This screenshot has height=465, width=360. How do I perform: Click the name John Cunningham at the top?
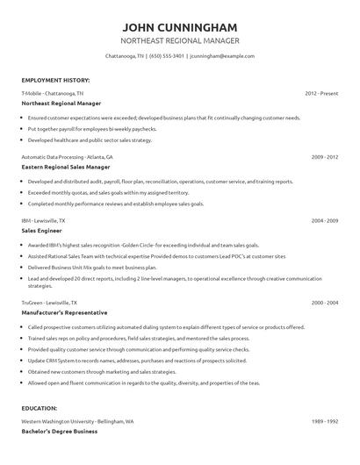179,25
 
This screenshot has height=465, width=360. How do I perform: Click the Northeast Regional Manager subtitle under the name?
179,40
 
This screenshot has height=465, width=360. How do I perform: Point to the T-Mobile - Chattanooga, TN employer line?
52,92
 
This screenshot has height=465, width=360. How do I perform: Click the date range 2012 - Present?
321,92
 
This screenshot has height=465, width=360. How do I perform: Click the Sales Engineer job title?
43,231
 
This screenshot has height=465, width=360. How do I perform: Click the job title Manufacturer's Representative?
64,311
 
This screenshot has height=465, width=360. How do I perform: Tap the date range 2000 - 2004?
324,301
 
